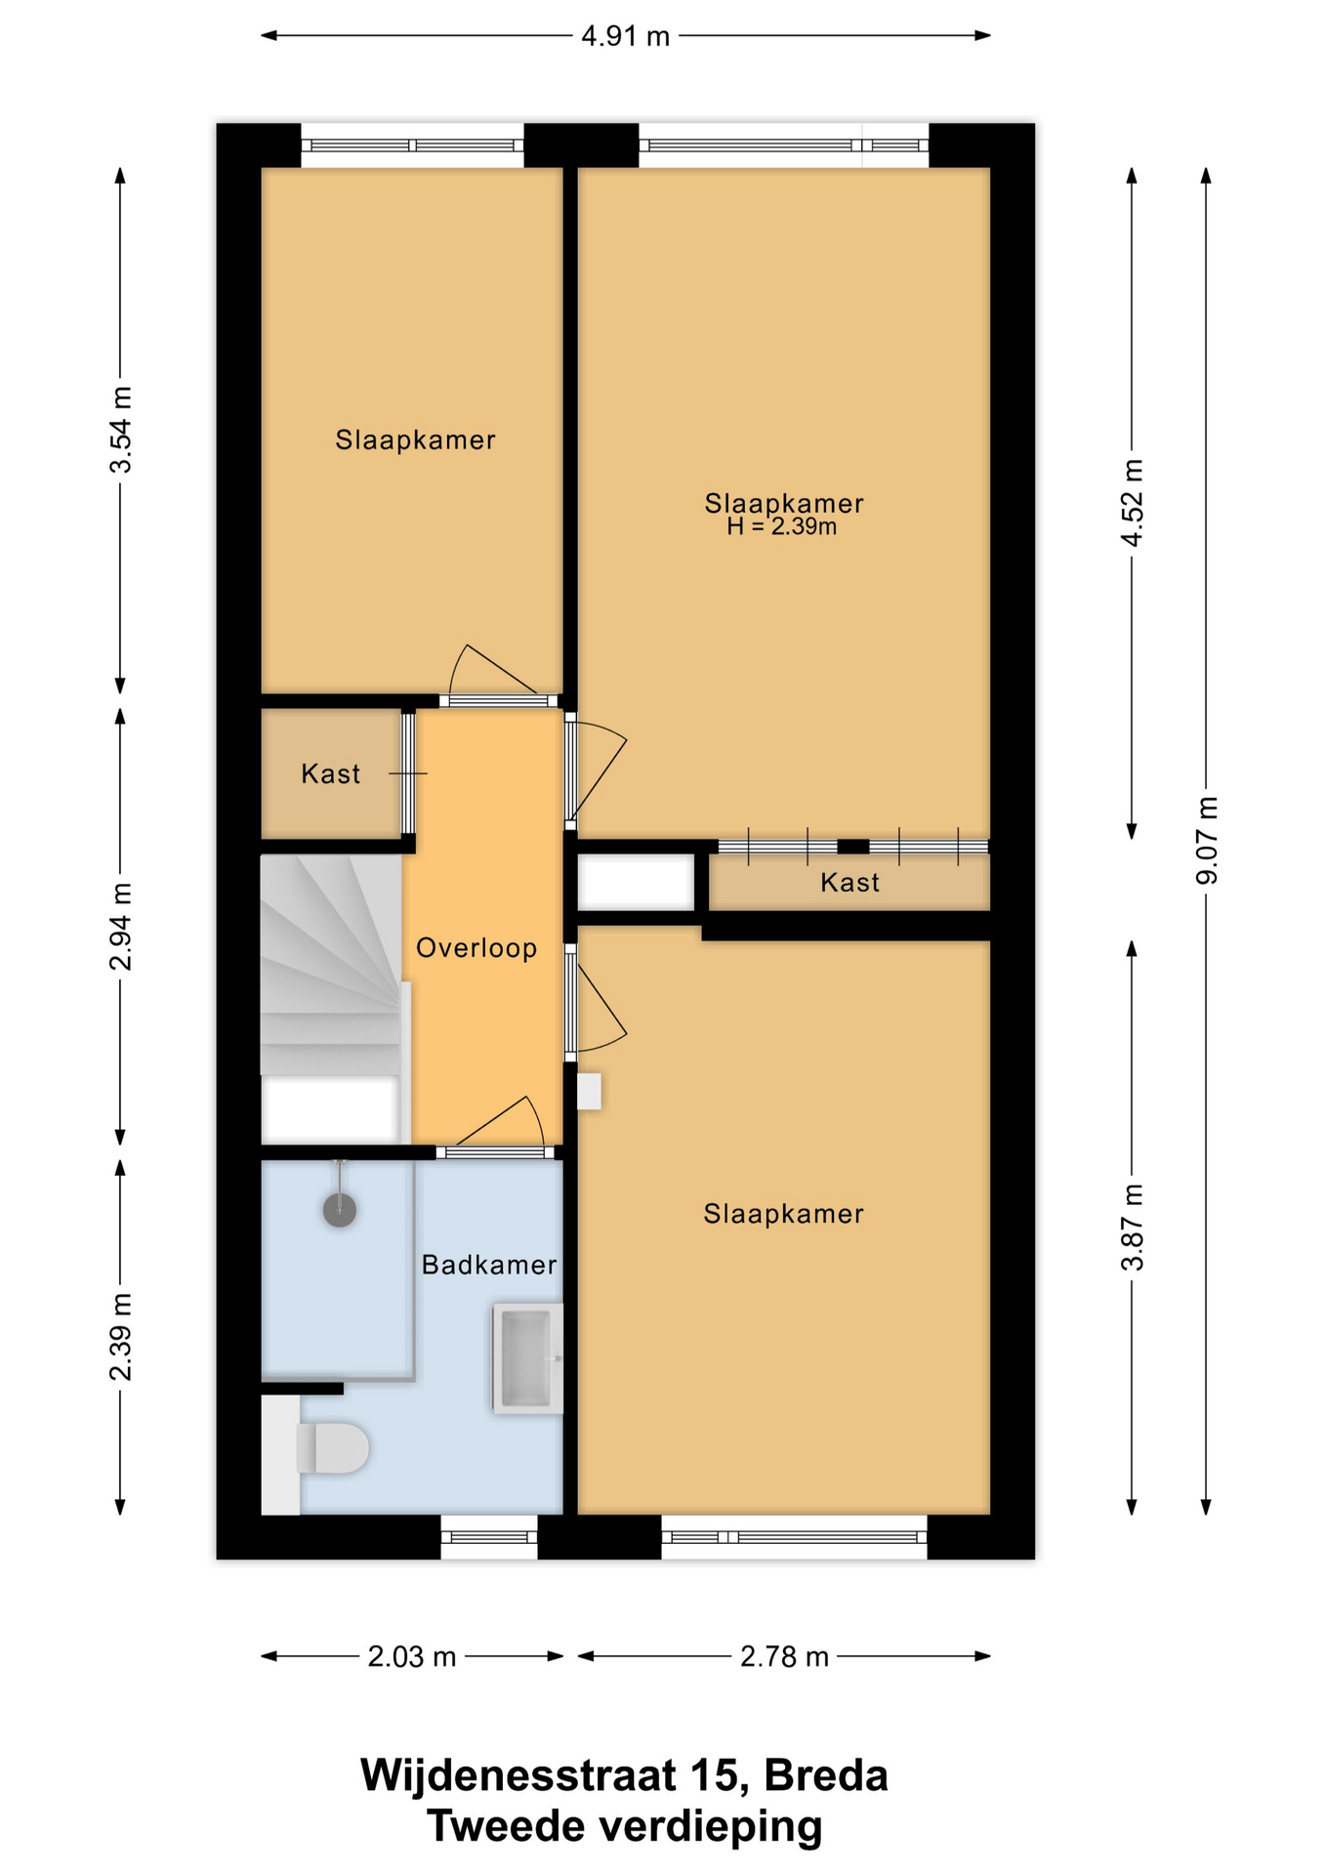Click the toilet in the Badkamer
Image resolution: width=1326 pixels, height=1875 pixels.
(x=332, y=1447)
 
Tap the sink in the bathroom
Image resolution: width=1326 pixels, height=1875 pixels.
(x=527, y=1358)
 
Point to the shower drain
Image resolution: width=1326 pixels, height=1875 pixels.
(x=340, y=1210)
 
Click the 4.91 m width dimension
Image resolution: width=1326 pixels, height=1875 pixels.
(x=626, y=36)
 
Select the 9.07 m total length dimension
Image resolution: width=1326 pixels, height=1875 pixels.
(x=1207, y=841)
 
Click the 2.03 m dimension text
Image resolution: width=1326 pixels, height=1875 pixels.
(x=412, y=1657)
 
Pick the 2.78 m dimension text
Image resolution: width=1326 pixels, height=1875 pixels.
(x=784, y=1657)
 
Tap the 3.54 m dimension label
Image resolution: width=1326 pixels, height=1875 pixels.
(x=121, y=430)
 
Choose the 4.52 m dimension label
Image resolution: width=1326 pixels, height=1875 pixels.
(x=1133, y=503)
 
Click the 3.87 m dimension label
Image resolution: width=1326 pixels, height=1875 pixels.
(x=1133, y=1228)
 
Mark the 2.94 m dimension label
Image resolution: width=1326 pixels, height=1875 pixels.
(x=121, y=927)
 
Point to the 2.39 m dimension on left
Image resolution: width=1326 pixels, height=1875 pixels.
(x=121, y=1337)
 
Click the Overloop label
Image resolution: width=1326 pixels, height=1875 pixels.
(x=477, y=948)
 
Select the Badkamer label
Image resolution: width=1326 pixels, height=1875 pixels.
(x=489, y=1265)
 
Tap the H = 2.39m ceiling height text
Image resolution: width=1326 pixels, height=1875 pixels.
(x=782, y=527)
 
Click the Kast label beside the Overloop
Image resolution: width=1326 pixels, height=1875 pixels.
(x=331, y=774)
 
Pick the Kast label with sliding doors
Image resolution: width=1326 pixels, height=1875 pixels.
(x=850, y=883)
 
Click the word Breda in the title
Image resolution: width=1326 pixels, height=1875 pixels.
(x=826, y=1775)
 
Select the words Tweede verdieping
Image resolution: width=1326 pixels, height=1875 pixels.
(x=625, y=1826)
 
